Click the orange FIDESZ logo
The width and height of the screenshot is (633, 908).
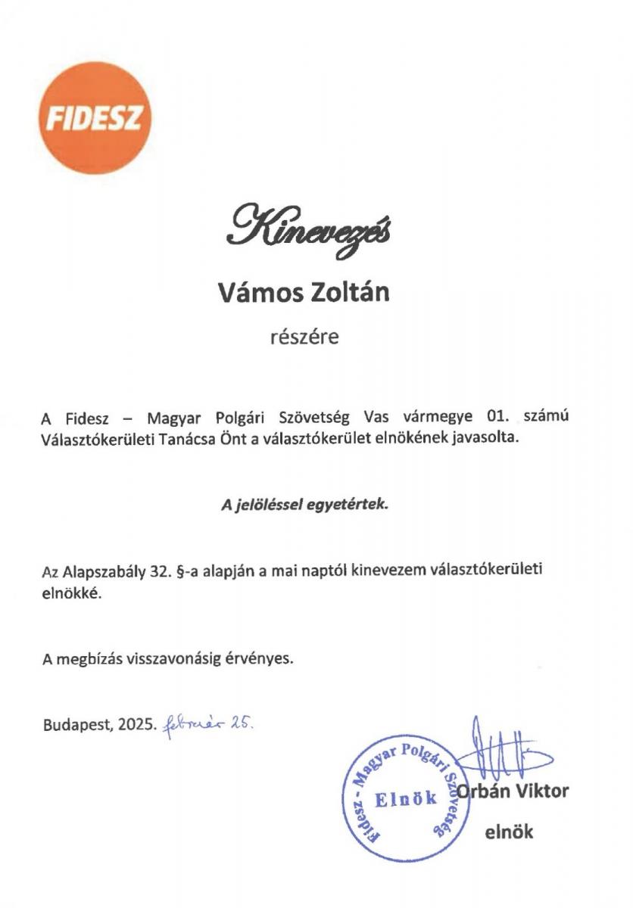click(95, 118)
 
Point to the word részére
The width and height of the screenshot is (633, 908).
click(305, 337)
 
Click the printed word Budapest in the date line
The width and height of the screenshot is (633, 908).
click(76, 724)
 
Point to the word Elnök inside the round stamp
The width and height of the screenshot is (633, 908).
click(406, 798)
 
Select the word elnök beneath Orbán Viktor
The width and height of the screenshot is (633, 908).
click(509, 832)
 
